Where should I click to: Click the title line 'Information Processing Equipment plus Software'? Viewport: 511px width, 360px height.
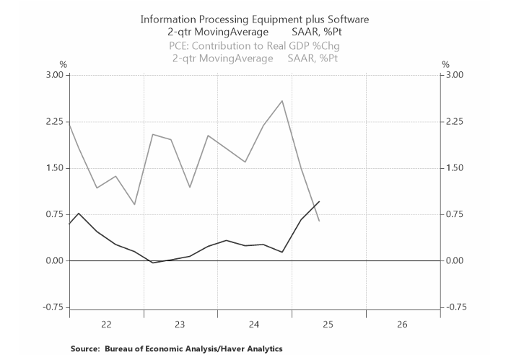click(253, 19)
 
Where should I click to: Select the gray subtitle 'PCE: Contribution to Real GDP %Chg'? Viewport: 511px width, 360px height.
click(253, 45)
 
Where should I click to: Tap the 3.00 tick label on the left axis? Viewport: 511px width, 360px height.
click(53, 75)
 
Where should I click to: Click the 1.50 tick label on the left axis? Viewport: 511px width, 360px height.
click(53, 168)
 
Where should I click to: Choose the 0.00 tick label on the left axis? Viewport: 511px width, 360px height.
click(53, 260)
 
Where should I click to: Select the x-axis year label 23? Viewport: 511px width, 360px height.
click(180, 325)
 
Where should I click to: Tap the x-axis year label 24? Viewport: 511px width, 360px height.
click(254, 325)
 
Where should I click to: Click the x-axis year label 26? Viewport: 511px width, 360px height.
click(402, 325)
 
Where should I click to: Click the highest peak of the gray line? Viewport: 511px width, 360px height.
click(282, 101)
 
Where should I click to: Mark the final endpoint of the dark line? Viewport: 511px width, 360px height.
click(319, 202)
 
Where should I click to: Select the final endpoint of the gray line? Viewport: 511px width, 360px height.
click(319, 221)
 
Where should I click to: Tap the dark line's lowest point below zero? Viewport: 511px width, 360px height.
click(152, 263)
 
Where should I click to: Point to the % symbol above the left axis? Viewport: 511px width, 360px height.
click(63, 65)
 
